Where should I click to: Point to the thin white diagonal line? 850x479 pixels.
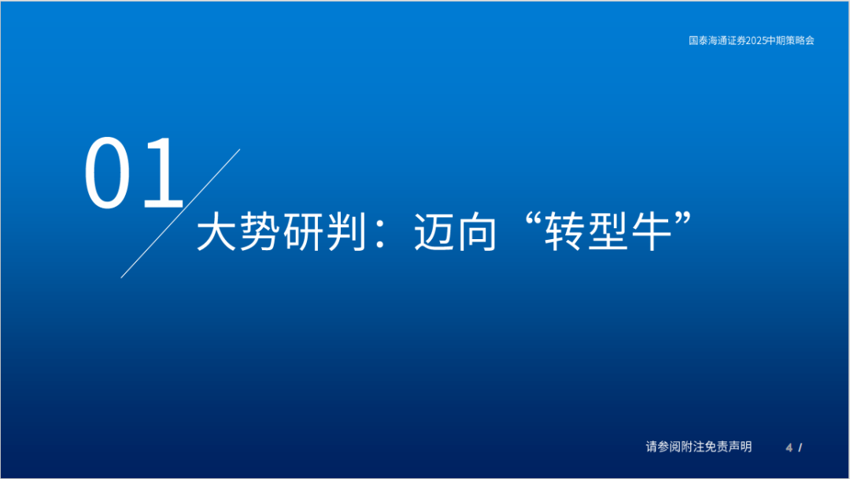point(180,213)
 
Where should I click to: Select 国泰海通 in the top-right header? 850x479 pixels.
point(707,40)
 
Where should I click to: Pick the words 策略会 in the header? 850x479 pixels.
point(800,40)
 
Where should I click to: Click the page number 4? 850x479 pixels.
point(789,448)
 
